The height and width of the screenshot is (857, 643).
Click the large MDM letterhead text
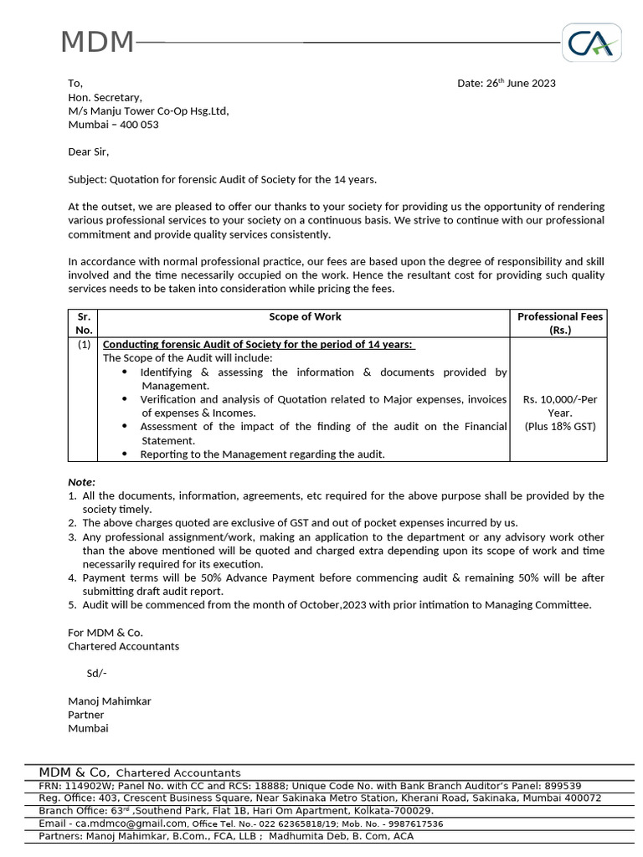tap(97, 42)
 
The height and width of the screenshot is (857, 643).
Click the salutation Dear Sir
tap(89, 151)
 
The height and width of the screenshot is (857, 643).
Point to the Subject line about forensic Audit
tap(223, 179)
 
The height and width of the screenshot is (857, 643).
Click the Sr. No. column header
tap(83, 323)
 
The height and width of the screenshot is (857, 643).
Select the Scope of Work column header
tap(305, 317)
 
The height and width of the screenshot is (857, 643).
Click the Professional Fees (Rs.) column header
tap(559, 323)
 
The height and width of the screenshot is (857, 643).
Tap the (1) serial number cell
tap(84, 345)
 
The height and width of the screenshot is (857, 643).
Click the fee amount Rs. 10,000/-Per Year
tap(559, 406)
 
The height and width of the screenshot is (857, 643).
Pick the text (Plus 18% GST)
tap(559, 427)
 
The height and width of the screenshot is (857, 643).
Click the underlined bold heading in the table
tap(259, 345)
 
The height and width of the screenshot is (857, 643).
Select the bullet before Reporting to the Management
tap(125, 454)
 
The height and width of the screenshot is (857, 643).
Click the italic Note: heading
tap(82, 482)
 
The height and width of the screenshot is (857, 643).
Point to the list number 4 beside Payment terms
tap(72, 578)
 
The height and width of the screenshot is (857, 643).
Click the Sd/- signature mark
tap(97, 674)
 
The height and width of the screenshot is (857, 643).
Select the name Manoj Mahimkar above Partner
tap(110, 701)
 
